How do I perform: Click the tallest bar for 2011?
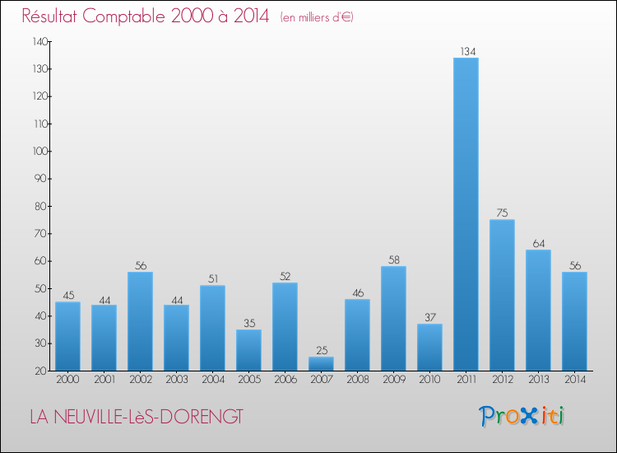[466, 214]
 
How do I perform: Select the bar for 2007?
[321, 363]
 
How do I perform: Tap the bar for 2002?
[140, 321]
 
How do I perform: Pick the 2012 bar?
[502, 295]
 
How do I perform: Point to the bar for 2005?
[248, 350]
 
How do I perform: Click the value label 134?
[466, 52]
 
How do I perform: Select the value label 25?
[321, 351]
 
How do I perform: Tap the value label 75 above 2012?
[502, 213]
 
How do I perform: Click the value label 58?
[393, 260]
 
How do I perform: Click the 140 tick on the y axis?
[38, 41]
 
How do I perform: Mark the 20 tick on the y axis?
[40, 371]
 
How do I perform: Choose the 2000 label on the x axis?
[67, 380]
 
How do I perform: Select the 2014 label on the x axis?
[574, 380]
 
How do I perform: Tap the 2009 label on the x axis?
[393, 380]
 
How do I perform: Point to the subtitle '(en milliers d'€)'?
[317, 17]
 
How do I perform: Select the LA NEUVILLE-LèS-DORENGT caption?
[136, 417]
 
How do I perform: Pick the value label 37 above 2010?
[429, 318]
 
